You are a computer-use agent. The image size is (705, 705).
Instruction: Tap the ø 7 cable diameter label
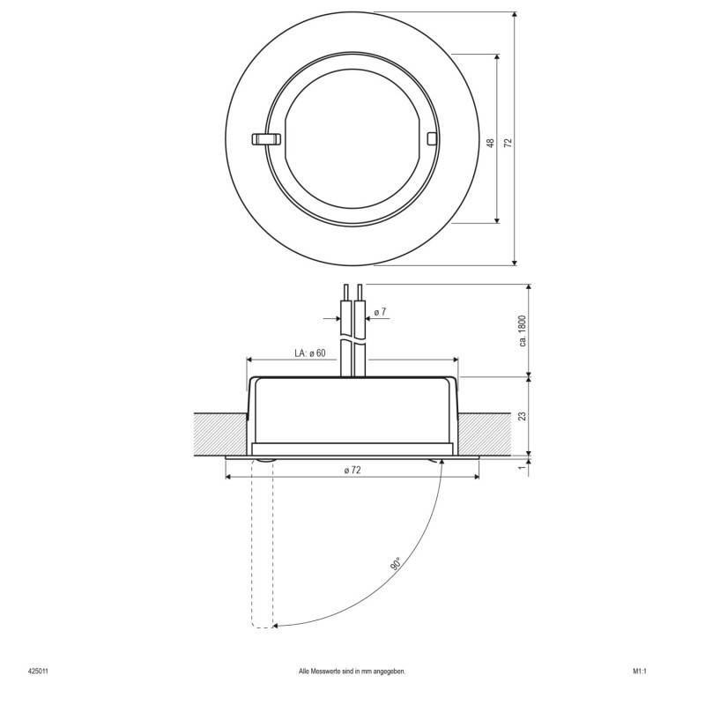[380, 313]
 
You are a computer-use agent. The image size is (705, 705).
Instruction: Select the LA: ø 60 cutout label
[309, 353]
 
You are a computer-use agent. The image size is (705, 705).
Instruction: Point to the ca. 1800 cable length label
[522, 330]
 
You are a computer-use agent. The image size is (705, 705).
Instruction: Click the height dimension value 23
[522, 416]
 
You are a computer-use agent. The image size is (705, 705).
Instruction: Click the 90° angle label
[393, 564]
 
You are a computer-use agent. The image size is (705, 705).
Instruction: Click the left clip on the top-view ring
[264, 138]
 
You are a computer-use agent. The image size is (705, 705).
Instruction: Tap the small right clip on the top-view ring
[431, 138]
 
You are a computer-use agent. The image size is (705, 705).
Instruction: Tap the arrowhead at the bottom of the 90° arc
[278, 626]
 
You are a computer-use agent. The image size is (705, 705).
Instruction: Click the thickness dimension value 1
[522, 468]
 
